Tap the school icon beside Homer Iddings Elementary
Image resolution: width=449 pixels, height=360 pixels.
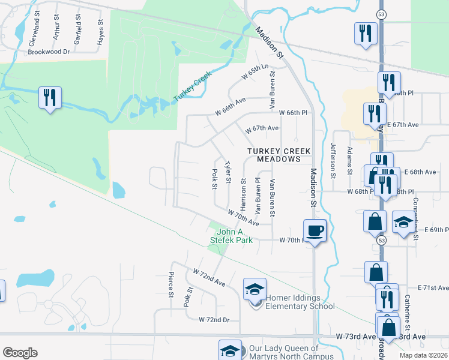click(255, 290)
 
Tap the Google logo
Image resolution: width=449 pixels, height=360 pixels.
click(20, 353)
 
